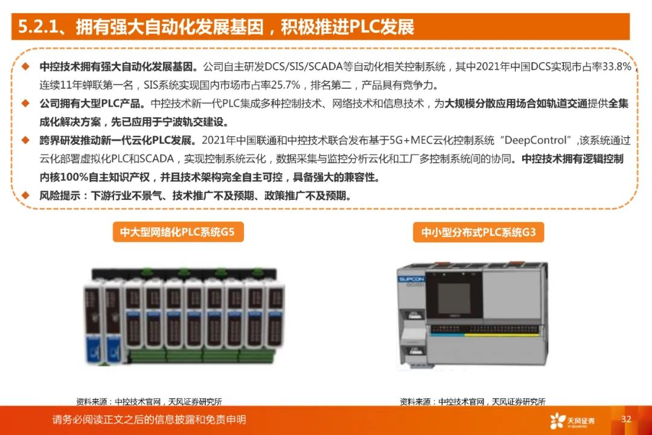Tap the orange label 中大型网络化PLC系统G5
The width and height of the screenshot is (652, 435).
tap(177, 231)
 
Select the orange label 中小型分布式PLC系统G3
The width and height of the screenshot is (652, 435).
tap(479, 232)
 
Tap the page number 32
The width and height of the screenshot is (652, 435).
tap(626, 419)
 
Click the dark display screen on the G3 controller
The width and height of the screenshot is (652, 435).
tap(463, 295)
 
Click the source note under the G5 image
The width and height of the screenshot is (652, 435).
tap(149, 401)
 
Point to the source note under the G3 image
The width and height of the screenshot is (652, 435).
tap(473, 401)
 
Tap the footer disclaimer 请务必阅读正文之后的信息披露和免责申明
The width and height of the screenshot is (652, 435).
tap(149, 419)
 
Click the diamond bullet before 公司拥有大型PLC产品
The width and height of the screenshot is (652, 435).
tap(25, 103)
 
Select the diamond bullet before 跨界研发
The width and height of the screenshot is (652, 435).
tap(25, 140)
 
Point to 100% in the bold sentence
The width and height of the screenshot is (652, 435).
tap(77, 178)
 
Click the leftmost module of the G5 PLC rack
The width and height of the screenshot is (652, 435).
tap(94, 323)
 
